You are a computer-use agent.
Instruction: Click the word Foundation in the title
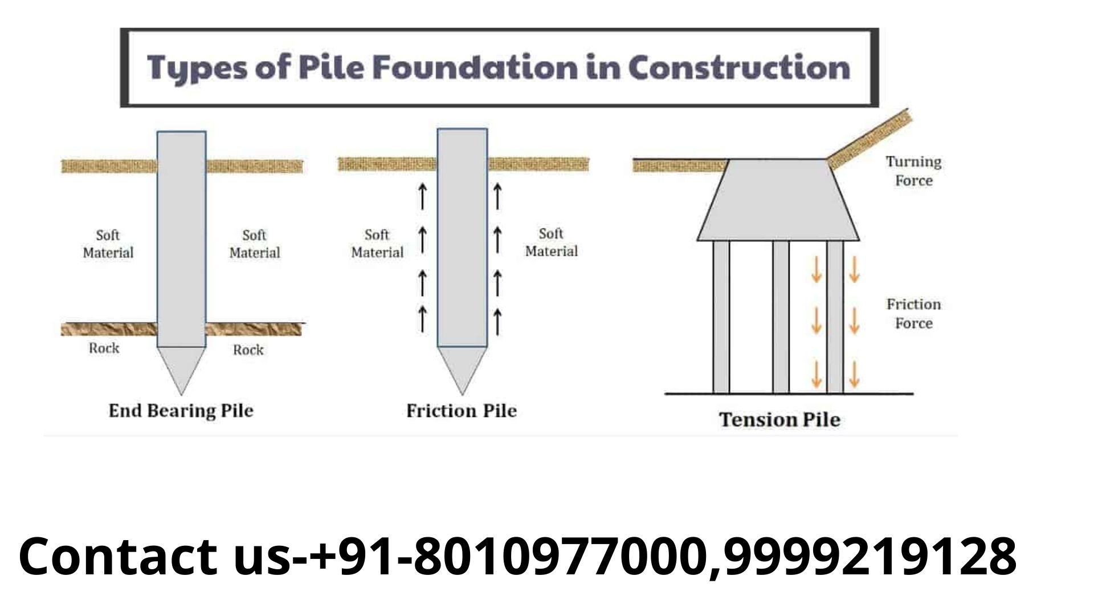coord(475,67)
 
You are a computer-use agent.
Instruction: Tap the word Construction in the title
coord(739,67)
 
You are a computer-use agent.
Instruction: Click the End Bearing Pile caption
coord(181,411)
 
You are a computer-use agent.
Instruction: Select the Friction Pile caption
coord(462,411)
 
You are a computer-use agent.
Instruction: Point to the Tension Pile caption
coord(779,420)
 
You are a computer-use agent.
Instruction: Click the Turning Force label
coord(913,171)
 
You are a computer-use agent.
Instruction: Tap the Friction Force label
coord(913,314)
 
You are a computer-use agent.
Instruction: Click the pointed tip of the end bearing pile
coord(181,376)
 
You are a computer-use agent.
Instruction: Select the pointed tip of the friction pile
coord(462,376)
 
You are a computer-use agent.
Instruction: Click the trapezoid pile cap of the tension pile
coord(778,200)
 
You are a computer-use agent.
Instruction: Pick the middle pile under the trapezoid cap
coord(781,317)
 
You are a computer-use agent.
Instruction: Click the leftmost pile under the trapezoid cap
coord(721,317)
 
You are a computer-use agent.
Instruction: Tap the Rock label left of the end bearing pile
coord(104,348)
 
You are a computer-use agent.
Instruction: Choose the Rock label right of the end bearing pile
coord(248,350)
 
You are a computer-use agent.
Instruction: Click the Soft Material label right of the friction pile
coord(551,242)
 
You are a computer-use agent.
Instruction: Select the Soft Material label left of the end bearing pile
coord(108,244)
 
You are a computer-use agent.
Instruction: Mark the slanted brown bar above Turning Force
coord(870,139)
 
